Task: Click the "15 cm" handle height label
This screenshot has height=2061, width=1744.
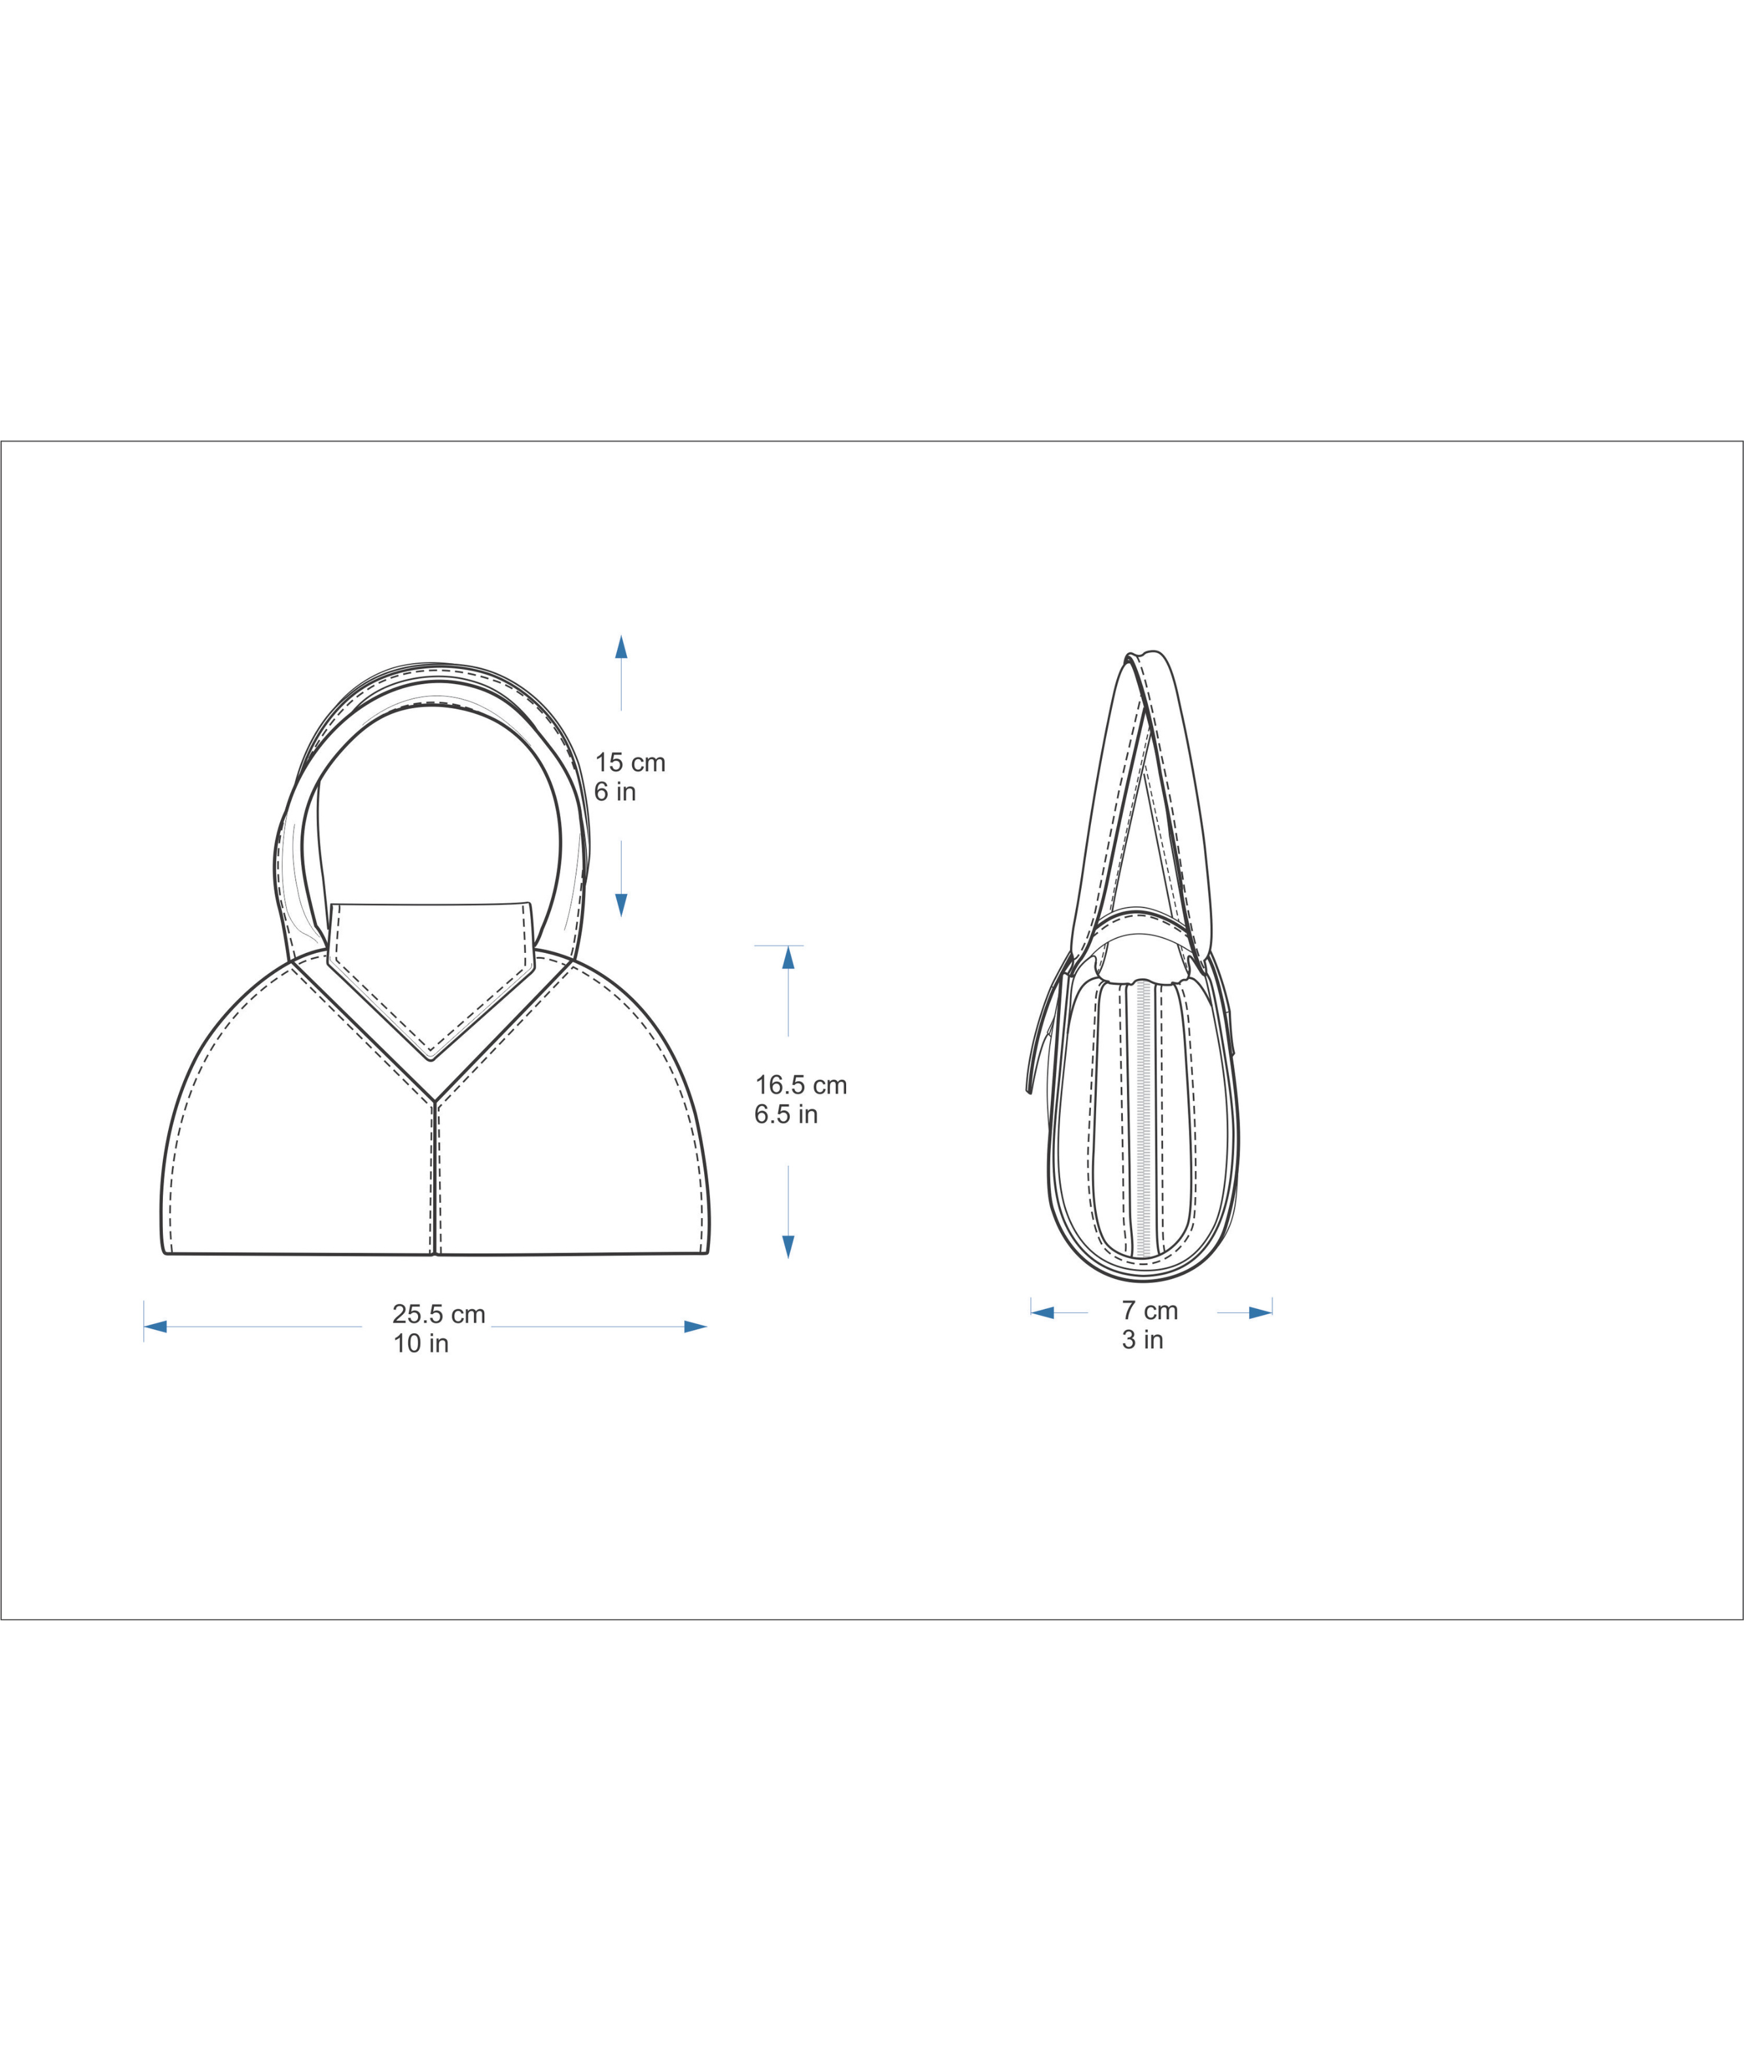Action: point(630,762)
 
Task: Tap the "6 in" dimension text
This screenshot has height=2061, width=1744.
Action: point(615,792)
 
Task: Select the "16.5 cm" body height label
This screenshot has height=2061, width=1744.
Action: point(801,1085)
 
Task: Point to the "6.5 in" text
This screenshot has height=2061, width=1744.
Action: point(786,1115)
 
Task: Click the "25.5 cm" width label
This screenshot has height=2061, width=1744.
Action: point(439,1314)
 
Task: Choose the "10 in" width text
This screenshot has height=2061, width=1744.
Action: point(421,1344)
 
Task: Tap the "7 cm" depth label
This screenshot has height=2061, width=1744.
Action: point(1150,1310)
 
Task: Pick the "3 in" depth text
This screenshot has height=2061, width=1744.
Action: point(1143,1340)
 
